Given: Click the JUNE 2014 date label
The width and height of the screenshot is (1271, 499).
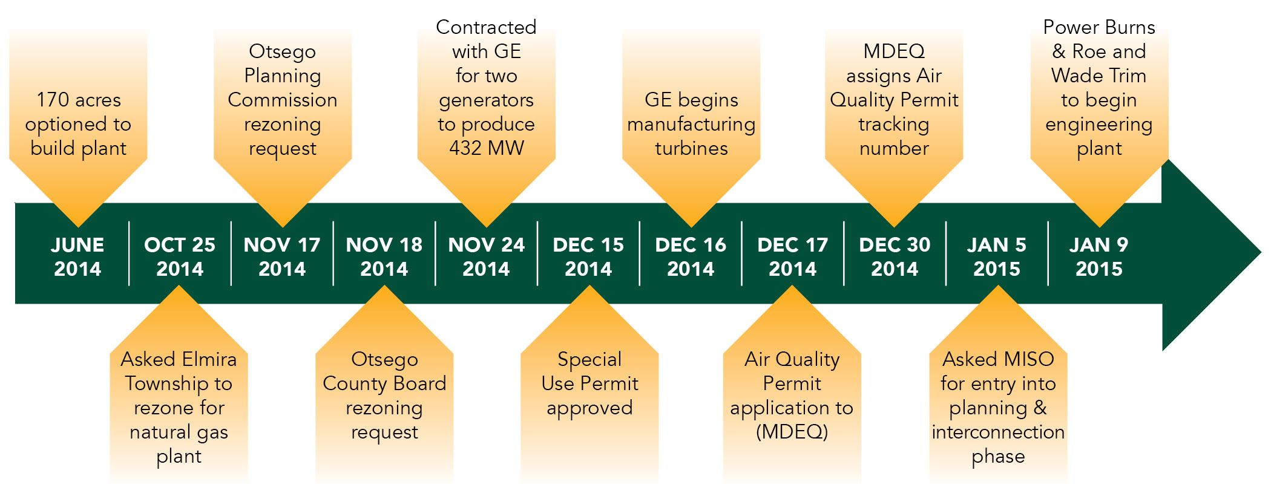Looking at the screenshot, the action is click(x=77, y=256).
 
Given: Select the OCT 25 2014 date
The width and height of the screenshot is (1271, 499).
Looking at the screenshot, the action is click(x=180, y=256).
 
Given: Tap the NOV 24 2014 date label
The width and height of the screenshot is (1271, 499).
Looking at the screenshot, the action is click(x=486, y=256).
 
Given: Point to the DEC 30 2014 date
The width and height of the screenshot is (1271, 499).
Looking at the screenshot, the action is click(x=895, y=256).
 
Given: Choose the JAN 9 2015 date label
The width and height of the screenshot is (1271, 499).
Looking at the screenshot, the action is click(x=1099, y=256).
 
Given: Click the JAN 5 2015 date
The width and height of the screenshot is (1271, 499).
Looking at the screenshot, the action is click(x=996, y=256).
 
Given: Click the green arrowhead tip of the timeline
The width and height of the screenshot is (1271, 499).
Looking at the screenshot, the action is click(x=1261, y=253).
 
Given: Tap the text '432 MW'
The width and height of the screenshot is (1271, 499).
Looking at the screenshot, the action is click(x=487, y=148).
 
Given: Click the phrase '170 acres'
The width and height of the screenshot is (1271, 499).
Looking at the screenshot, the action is click(x=79, y=100).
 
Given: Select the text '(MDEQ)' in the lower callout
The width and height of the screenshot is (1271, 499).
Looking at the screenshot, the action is click(x=792, y=432).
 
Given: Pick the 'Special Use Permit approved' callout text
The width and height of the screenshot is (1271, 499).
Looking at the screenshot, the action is click(x=590, y=383).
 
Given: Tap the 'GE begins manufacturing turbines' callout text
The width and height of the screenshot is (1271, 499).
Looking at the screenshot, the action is click(x=691, y=124).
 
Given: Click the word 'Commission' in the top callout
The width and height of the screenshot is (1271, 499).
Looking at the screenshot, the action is click(x=283, y=100).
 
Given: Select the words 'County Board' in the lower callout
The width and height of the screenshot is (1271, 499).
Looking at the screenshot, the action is click(x=384, y=384).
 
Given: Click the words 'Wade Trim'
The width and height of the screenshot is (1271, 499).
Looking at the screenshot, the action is click(x=1099, y=76).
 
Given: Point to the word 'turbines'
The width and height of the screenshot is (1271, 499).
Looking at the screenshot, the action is click(x=691, y=148).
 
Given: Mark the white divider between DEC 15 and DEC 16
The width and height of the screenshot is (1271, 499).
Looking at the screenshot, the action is click(x=639, y=253).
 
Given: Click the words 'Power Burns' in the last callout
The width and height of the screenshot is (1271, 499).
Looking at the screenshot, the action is click(x=1099, y=27).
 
